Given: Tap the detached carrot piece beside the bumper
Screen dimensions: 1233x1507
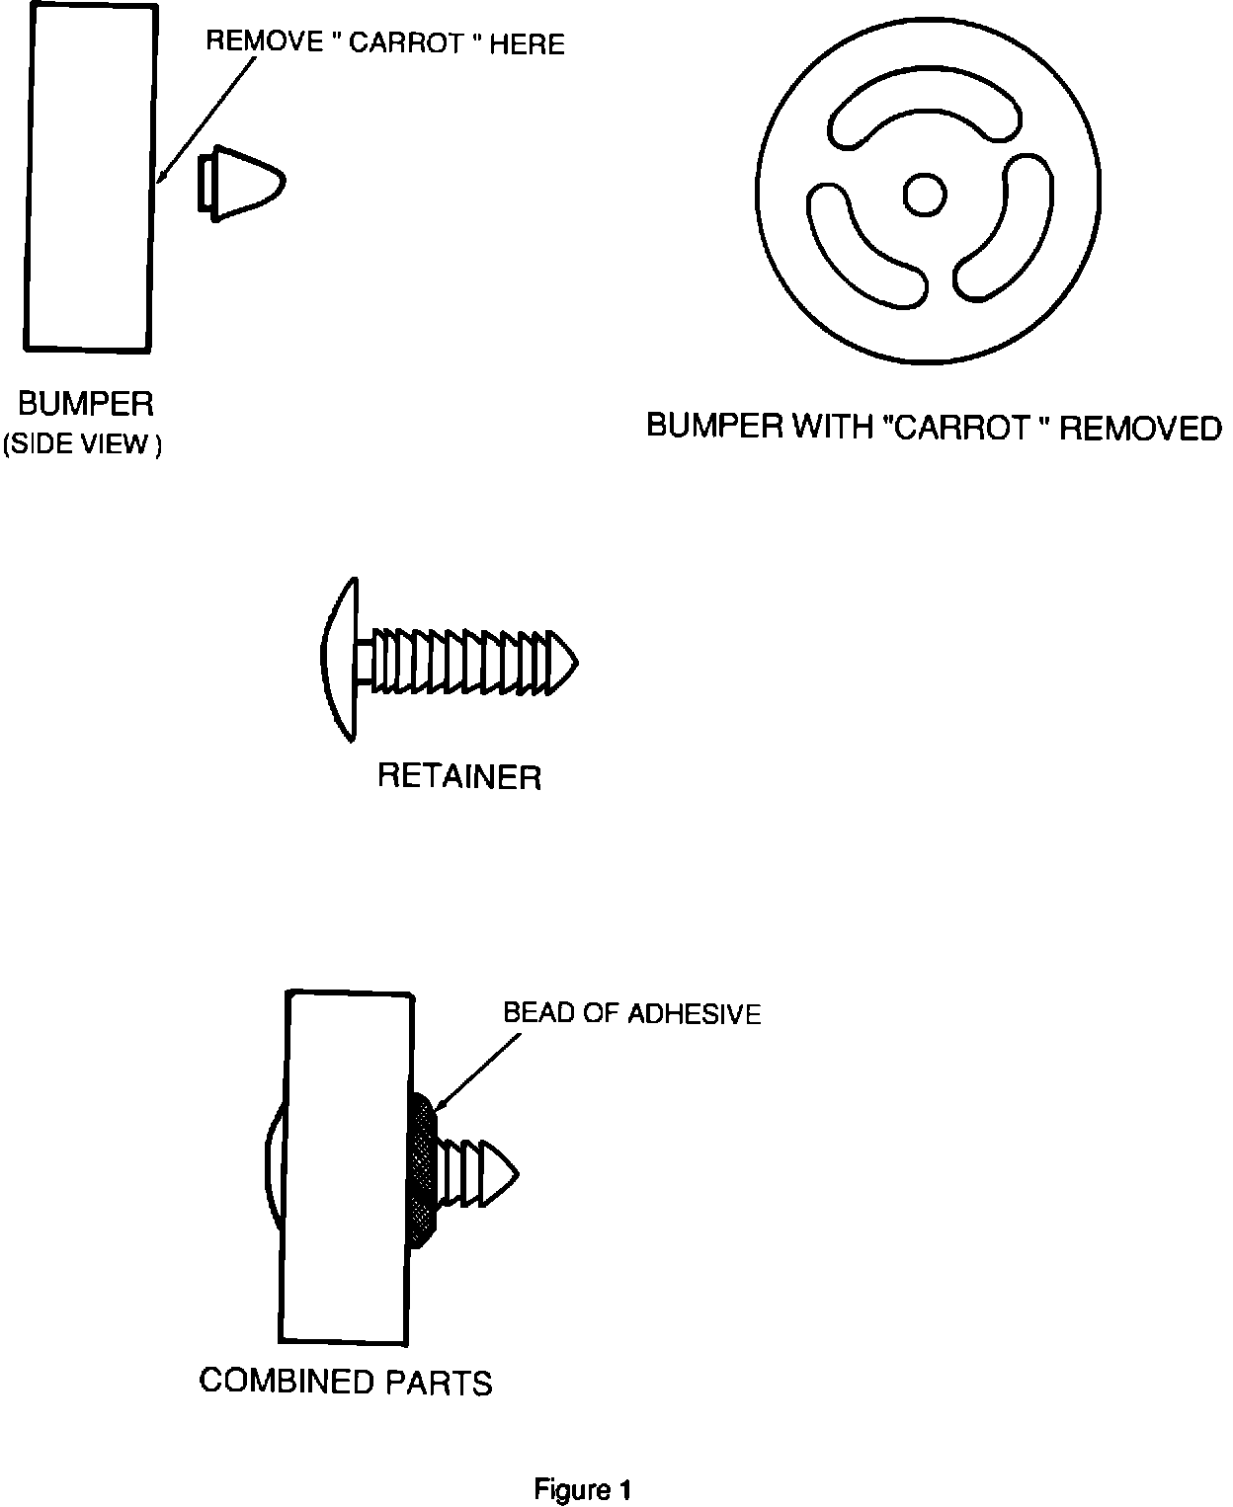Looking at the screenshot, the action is click(242, 184).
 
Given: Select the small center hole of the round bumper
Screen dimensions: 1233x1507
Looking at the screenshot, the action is click(925, 196).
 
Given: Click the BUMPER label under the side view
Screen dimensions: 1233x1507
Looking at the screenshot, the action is click(86, 404).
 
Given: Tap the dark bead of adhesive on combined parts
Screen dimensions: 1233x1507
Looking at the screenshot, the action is click(423, 1170).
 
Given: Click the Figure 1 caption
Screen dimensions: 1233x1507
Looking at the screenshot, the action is click(582, 1489).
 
